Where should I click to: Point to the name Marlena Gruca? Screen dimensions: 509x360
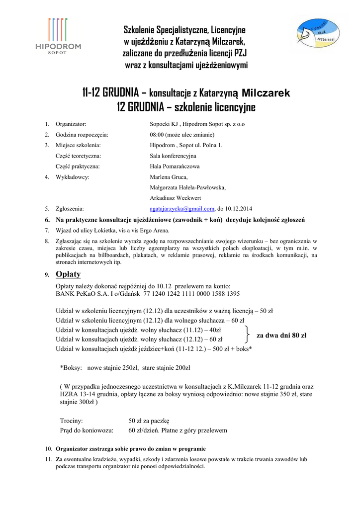pyautogui.click(x=169, y=177)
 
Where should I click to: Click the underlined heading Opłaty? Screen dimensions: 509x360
pyautogui.click(x=68, y=274)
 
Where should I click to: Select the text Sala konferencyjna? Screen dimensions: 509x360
pyautogui.click(x=173, y=156)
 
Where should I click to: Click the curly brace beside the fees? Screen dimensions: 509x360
pyautogui.click(x=247, y=335)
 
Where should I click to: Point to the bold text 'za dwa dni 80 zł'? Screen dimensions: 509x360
pyautogui.click(x=281, y=336)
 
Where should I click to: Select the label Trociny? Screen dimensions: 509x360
pyautogui.click(x=71, y=420)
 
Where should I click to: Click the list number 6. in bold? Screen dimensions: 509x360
pyautogui.click(x=47, y=220)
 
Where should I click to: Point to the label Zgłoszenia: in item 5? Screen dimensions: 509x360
pyautogui.click(x=70, y=209)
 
